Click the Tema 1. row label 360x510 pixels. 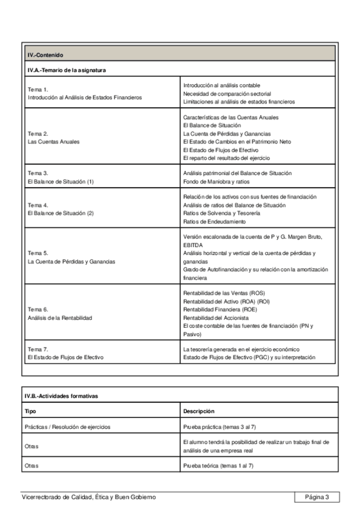[38, 89]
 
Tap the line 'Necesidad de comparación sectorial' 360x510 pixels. [227, 94]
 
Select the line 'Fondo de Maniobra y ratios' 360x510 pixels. [217, 181]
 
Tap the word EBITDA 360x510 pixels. [193, 245]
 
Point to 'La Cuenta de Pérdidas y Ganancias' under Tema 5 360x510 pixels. [72, 262]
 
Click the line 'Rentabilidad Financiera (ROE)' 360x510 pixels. [220, 309]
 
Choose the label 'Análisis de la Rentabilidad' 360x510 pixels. [60, 318]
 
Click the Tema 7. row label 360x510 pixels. [38, 349]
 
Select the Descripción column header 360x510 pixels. [199, 411]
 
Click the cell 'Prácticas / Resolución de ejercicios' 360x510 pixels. [67, 427]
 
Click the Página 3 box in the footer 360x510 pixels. [317, 497]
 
